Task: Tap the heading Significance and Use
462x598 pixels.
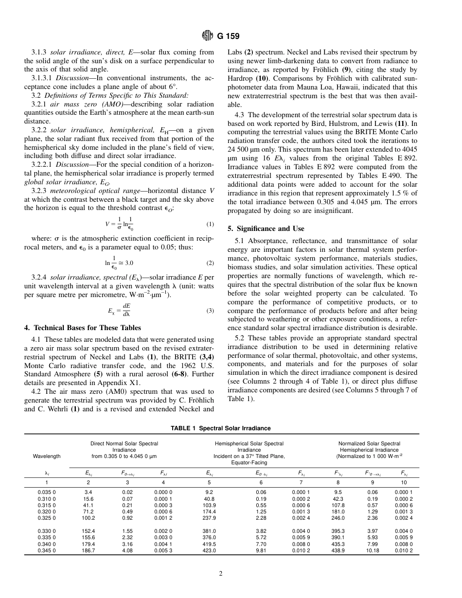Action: pyautogui.click(x=266, y=229)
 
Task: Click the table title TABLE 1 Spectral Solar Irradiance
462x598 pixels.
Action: pyautogui.click(x=221, y=428)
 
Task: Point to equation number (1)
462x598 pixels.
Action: pyautogui.click(x=210, y=224)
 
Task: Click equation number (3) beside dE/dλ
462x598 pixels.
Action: pyautogui.click(x=210, y=311)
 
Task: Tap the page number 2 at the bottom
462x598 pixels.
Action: pyautogui.click(x=221, y=574)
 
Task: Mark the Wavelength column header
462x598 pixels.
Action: pyautogui.click(x=47, y=456)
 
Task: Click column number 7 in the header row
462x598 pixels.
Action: pyautogui.click(x=301, y=482)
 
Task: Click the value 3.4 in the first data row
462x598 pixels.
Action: pyautogui.click(x=88, y=492)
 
